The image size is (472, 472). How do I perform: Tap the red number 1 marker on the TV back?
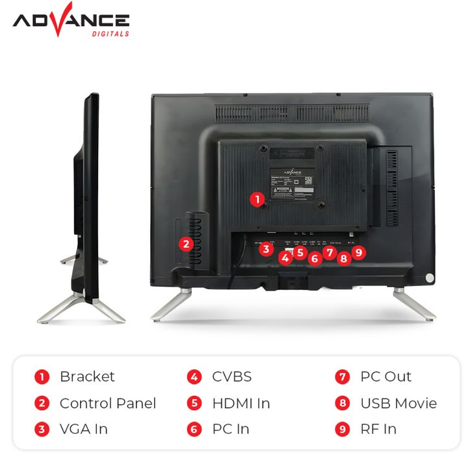[x=258, y=200]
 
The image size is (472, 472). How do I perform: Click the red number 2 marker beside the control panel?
[x=187, y=244]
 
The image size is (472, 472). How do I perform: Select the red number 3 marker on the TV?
[x=265, y=248]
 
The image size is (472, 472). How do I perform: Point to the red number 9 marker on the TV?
[x=360, y=252]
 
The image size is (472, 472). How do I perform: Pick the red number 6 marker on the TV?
[x=315, y=259]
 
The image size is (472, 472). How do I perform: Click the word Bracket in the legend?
[x=86, y=376]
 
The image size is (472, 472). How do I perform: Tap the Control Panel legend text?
[x=107, y=403]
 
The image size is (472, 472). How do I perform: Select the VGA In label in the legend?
[x=83, y=429]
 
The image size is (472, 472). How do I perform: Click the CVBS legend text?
[x=231, y=376]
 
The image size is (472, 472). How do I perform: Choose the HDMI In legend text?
[x=241, y=403]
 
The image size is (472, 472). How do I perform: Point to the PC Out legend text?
[x=386, y=376]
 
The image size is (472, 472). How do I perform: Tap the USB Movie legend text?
[x=398, y=403]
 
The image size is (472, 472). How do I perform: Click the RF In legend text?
[x=378, y=429]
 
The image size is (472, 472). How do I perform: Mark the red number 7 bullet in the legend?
[x=343, y=377]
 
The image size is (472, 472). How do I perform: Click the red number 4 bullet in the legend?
[x=195, y=377]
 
